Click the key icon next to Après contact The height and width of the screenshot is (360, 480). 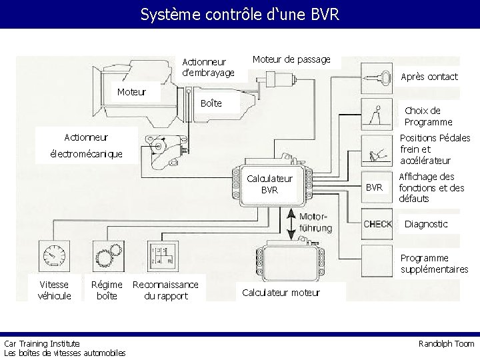pos(377,79)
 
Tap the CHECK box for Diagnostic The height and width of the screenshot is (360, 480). pos(377,224)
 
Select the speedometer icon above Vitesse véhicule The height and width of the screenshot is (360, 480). pos(54,256)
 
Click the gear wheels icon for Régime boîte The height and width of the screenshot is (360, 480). pos(109,256)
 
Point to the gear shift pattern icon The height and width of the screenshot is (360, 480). pos(163,256)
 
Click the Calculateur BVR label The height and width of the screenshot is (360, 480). pos(269,184)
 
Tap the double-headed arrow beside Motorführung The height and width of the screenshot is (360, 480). pos(291,224)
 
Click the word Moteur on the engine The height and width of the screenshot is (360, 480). pos(131,91)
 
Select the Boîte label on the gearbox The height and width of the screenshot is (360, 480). pos(211,103)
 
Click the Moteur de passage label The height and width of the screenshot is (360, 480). pos(291,59)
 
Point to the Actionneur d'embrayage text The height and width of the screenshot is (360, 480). pos(208,67)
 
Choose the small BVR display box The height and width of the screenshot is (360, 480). pos(377,187)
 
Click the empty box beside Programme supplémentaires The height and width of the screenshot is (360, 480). pos(377,261)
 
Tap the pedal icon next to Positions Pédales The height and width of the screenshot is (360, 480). pos(377,151)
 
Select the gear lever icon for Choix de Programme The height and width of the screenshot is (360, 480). pos(377,115)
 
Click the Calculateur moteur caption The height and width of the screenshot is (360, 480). pos(281,293)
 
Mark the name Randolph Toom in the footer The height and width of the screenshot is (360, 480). pos(446,344)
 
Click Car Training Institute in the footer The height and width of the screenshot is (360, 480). pos(42,343)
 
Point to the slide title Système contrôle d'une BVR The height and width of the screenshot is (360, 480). pos(240,14)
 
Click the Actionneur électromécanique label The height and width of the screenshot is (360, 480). pos(86,145)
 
